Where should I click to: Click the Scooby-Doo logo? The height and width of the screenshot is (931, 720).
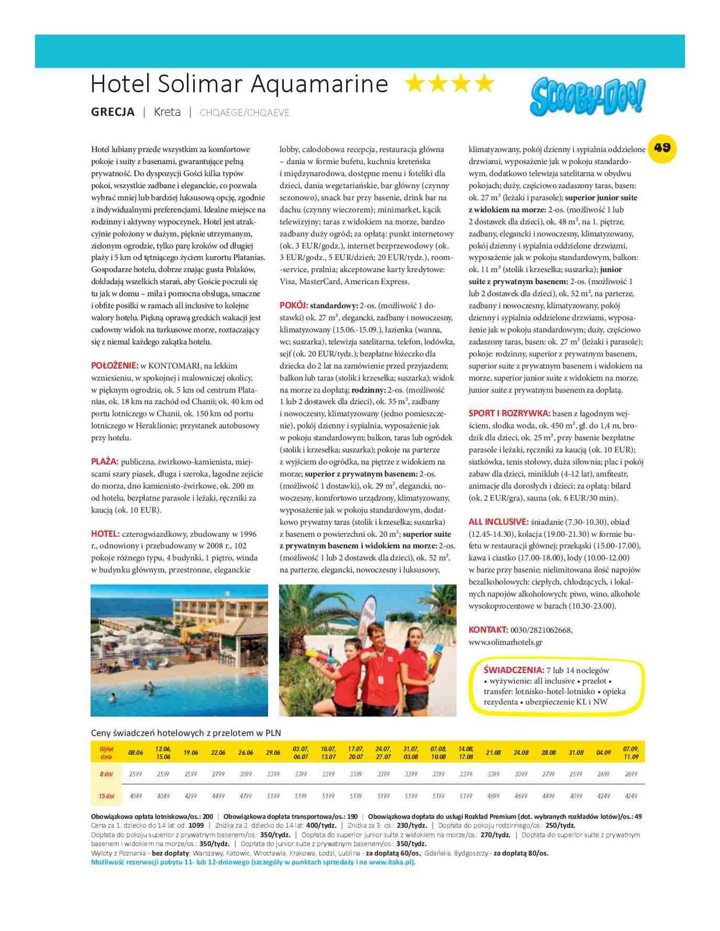(587, 97)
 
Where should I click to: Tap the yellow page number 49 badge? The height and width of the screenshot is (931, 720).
(662, 147)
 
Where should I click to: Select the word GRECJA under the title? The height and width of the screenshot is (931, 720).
(113, 112)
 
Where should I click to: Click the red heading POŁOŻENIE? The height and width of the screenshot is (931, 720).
(115, 366)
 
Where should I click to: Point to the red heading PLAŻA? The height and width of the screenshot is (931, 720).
(105, 462)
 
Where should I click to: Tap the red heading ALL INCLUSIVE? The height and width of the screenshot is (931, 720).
(498, 522)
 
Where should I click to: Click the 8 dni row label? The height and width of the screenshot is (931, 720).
(106, 774)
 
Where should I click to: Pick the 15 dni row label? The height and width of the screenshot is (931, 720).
(106, 795)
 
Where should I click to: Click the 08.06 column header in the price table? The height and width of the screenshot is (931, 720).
(136, 752)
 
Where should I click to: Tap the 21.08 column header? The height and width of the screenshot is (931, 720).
(493, 752)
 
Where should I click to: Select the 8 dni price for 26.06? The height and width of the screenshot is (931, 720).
(245, 774)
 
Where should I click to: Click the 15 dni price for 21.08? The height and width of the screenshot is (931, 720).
(493, 795)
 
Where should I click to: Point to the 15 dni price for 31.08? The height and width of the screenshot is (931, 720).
(576, 795)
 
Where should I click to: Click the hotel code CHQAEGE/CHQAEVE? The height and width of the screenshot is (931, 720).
(244, 112)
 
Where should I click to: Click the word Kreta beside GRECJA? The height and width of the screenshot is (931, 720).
(167, 112)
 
